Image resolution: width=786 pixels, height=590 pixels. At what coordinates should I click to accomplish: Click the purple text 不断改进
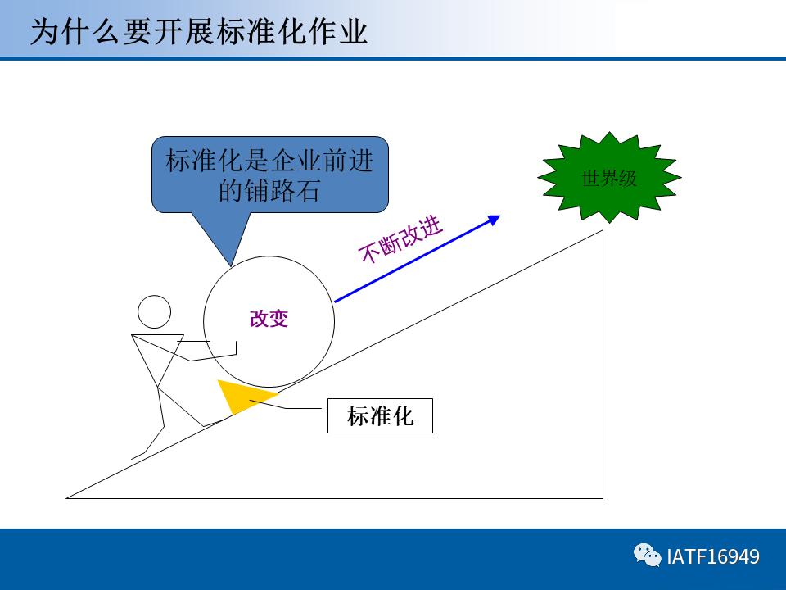[x=400, y=240]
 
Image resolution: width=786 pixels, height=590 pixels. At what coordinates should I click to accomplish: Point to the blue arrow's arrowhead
[x=494, y=219]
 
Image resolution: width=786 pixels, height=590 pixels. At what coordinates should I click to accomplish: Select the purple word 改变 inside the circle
[x=269, y=319]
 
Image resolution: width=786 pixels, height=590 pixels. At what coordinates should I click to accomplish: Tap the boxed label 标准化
[x=380, y=416]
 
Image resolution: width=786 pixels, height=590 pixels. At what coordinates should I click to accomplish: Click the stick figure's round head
[x=154, y=311]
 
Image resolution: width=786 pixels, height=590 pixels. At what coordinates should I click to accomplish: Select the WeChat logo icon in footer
[x=648, y=556]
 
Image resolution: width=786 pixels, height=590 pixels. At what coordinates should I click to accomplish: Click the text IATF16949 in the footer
[x=713, y=557]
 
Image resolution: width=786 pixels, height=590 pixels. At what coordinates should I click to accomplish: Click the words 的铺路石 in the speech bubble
[x=269, y=191]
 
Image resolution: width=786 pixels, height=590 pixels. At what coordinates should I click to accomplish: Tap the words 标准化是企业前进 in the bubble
[x=269, y=161]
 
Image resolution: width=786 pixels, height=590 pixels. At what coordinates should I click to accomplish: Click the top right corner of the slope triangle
[x=602, y=232]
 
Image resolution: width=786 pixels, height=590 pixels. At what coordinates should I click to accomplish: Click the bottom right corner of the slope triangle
[x=602, y=497]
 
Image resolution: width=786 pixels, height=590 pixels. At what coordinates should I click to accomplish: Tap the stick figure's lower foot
[x=135, y=456]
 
